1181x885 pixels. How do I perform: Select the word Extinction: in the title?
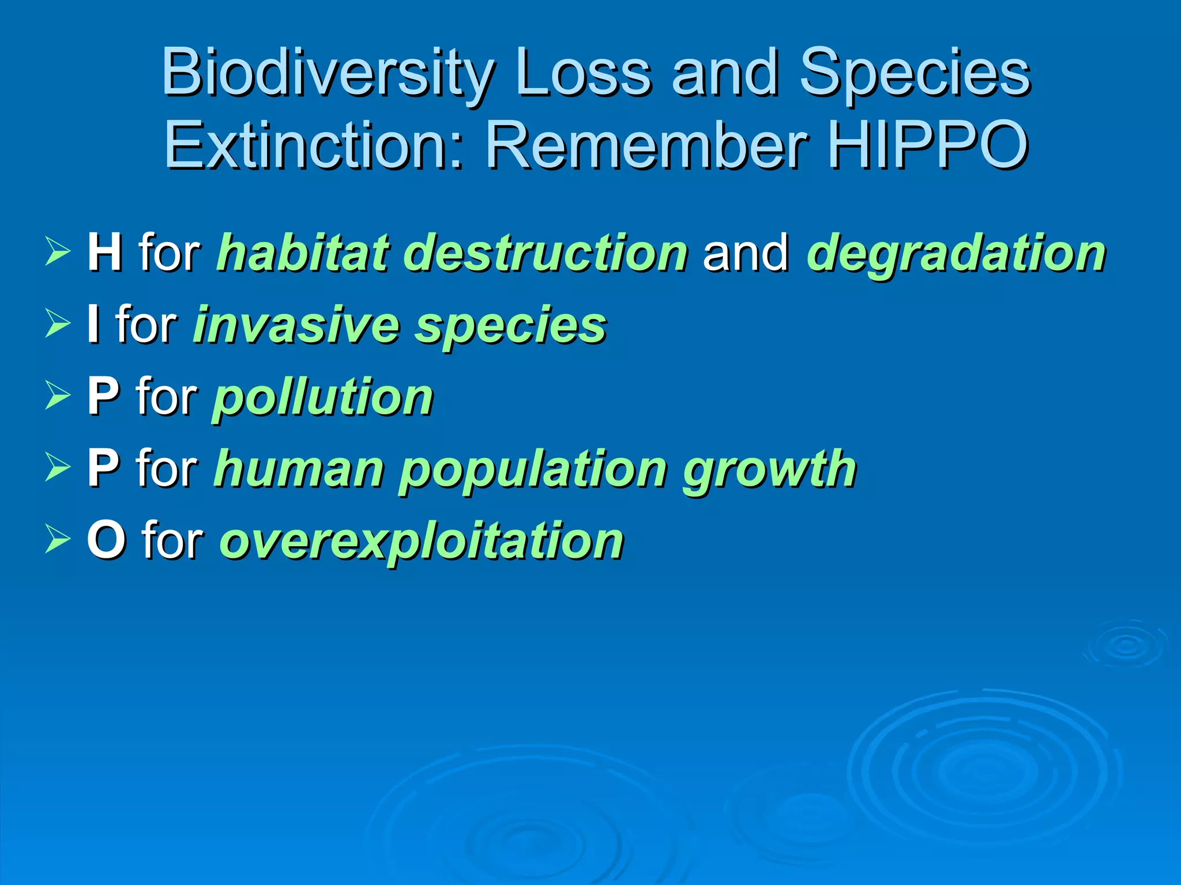(314, 145)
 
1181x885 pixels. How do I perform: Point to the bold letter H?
(104, 252)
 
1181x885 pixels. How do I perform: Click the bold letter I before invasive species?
(92, 324)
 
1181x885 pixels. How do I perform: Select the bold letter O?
(106, 540)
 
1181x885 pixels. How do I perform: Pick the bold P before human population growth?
(103, 468)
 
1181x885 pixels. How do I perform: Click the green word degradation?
(956, 254)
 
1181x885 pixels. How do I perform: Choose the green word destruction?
(546, 252)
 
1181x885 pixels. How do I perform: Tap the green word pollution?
(323, 398)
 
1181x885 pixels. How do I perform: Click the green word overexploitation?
(422, 541)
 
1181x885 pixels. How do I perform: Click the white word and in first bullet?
(746, 252)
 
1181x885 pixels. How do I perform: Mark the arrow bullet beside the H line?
(57, 253)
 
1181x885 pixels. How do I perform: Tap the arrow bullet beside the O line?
(57, 540)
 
